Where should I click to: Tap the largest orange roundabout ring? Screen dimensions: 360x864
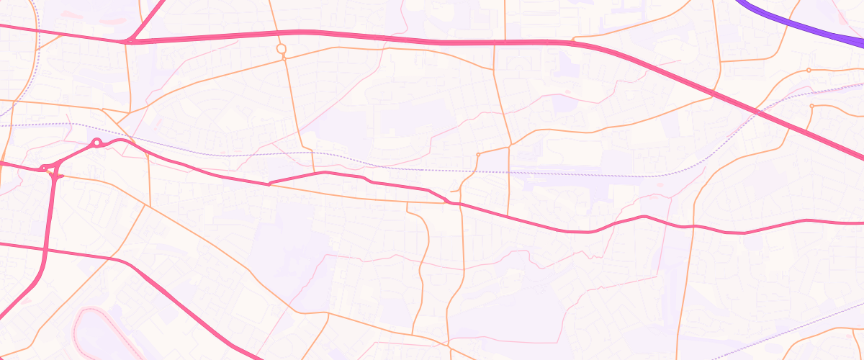click(282, 49)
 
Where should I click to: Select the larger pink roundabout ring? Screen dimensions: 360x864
click(96, 143)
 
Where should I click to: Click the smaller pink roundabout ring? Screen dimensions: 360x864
click(45, 168)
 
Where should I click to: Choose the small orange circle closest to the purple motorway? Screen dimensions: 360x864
click(809, 70)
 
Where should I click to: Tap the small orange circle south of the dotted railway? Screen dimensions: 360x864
click(478, 155)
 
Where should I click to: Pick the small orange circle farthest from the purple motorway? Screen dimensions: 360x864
click(478, 155)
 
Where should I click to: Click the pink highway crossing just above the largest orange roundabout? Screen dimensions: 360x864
click(282, 33)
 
